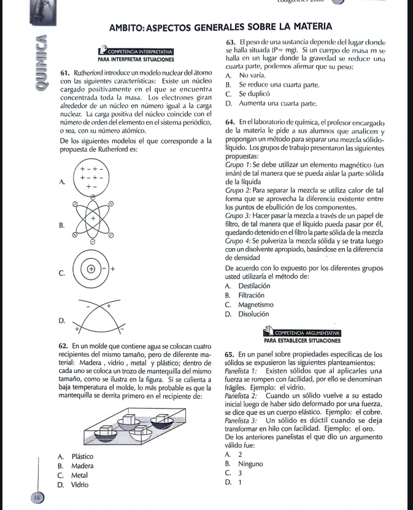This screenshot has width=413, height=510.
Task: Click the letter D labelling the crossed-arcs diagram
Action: point(61,320)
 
